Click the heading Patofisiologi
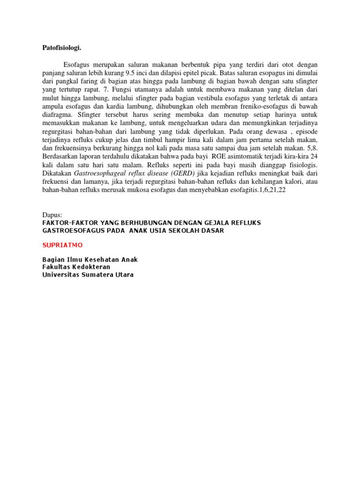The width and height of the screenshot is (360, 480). pyautogui.click(x=61, y=47)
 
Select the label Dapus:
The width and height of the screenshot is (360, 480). pyautogui.click(x=52, y=215)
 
